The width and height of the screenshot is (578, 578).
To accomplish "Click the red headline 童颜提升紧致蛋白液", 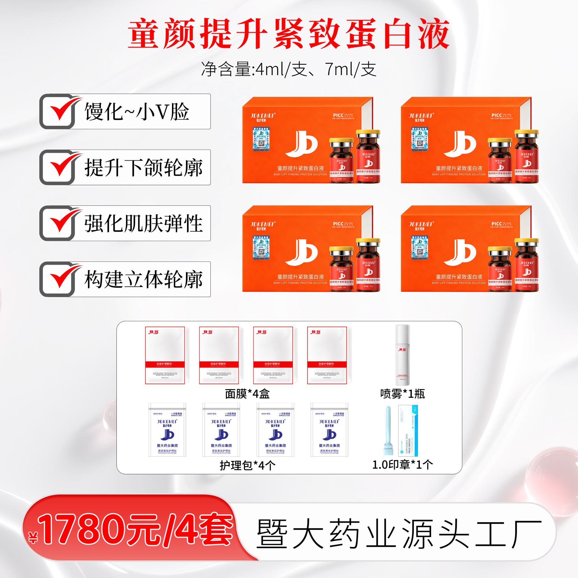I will (x=289, y=34).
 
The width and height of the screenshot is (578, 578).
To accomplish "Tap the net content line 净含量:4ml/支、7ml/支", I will (x=289, y=69).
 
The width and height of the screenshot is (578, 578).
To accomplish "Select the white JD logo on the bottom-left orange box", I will (x=301, y=252).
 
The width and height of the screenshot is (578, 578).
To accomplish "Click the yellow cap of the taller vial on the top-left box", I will (x=368, y=132).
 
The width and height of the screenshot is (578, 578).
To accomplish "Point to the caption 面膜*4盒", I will (x=247, y=394).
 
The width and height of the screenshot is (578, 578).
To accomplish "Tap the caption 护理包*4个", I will (x=247, y=465).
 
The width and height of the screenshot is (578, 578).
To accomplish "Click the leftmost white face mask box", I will (x=165, y=355).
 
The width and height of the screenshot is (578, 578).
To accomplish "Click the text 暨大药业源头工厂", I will (x=399, y=534).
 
